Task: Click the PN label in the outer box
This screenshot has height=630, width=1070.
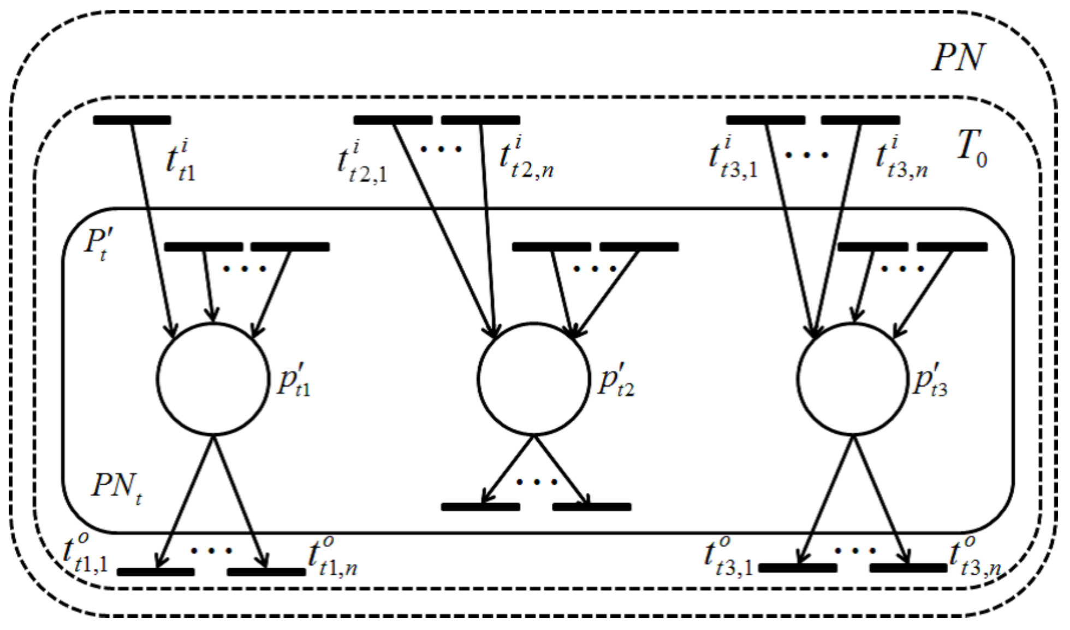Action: pos(958,57)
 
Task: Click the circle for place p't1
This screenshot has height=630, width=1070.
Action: pos(213,379)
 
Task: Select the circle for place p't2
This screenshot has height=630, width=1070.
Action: pos(533,379)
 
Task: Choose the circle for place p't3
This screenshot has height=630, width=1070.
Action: pos(853,379)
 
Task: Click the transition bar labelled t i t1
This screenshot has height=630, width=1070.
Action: pos(132,120)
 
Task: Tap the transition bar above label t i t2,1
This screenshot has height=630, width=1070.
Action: pos(393,120)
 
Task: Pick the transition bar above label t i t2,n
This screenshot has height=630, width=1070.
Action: pos(480,120)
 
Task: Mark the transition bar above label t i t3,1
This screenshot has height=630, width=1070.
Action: pos(765,120)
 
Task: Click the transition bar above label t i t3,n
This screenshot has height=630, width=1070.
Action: pos(860,120)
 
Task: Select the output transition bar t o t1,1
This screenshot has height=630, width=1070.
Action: pos(156,572)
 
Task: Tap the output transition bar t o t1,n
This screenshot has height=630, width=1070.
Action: pos(266,572)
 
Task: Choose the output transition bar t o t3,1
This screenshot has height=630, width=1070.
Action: pos(798,568)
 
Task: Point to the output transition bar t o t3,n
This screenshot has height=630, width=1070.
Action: pos(908,568)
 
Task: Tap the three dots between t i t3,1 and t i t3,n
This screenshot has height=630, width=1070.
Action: pos(806,155)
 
